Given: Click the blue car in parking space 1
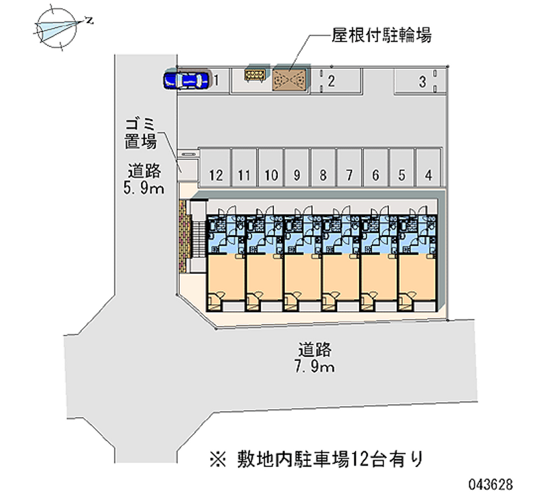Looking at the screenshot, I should pyautogui.click(x=185, y=81).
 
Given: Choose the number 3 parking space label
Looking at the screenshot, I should pyautogui.click(x=422, y=82).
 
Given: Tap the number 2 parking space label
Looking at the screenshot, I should pyautogui.click(x=330, y=82).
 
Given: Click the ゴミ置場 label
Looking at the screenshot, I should pyautogui.click(x=141, y=133).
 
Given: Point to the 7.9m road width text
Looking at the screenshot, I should pyautogui.click(x=314, y=368).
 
